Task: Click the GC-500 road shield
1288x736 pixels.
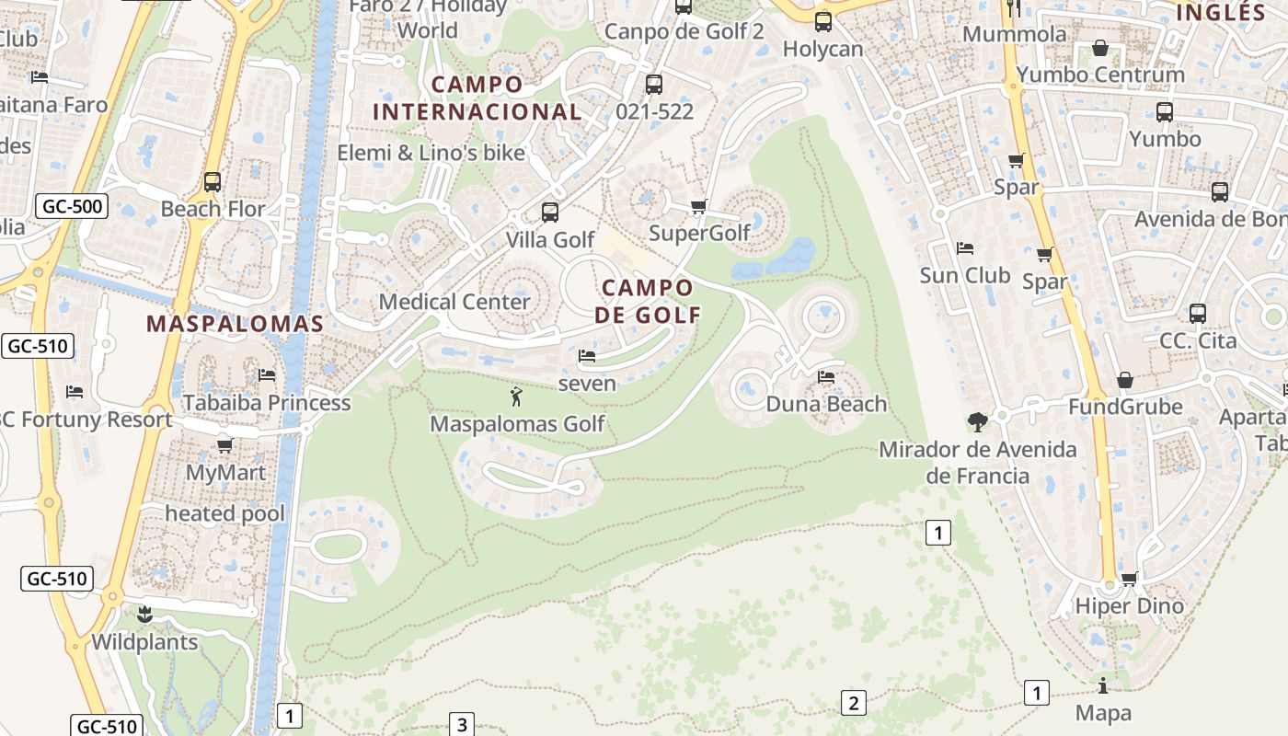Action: (73, 206)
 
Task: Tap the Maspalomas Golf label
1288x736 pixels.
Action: (518, 424)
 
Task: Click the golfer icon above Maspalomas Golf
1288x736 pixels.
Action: (516, 397)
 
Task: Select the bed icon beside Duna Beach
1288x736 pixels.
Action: (826, 377)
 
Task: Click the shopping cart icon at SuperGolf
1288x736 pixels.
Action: (699, 207)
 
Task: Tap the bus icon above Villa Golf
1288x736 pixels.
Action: (550, 213)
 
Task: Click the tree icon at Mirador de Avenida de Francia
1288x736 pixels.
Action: (977, 422)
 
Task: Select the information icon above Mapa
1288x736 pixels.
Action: (1103, 686)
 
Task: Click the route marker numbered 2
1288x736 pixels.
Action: (853, 704)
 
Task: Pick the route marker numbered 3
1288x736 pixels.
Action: (462, 724)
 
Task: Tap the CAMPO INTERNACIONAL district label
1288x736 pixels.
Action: (477, 98)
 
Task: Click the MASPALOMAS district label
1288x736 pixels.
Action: (236, 324)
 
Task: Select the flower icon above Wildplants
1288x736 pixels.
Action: (144, 615)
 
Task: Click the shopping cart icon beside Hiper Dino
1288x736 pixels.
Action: (1130, 579)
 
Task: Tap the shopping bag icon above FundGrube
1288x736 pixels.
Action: (1124, 380)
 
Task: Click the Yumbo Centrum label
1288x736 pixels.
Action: (1101, 75)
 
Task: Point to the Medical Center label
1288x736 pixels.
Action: (454, 302)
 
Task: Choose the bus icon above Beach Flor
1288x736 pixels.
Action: (213, 182)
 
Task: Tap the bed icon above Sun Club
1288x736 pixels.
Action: (965, 248)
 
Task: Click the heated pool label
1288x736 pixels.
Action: (225, 513)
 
